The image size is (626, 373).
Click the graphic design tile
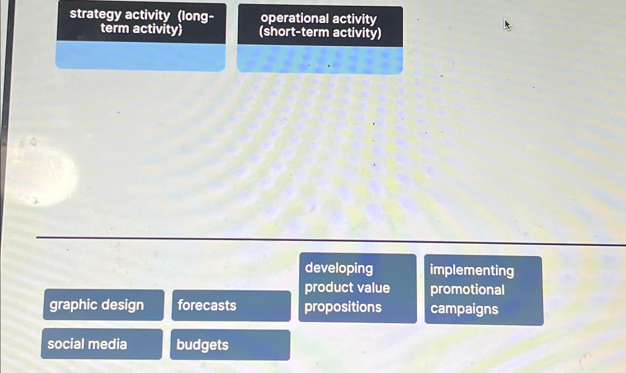tap(103, 305)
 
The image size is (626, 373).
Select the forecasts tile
tap(231, 306)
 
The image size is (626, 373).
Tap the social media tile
tap(101, 344)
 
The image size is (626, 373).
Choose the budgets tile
tap(230, 345)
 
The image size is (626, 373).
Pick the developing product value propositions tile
tap(357, 288)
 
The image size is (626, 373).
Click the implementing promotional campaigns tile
tap(483, 290)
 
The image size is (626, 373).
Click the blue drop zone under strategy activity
tap(140, 56)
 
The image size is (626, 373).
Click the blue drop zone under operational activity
tap(320, 60)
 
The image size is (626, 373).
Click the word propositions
tap(343, 307)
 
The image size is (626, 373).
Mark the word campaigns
tap(464, 309)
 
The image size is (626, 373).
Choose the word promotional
tap(467, 290)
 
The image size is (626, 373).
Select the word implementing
tap(472, 270)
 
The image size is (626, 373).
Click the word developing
tap(339, 268)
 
